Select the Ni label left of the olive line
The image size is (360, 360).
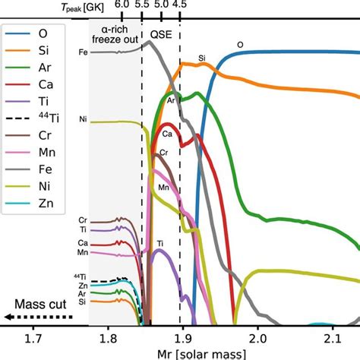point(83,120)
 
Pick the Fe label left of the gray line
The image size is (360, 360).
point(83,52)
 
